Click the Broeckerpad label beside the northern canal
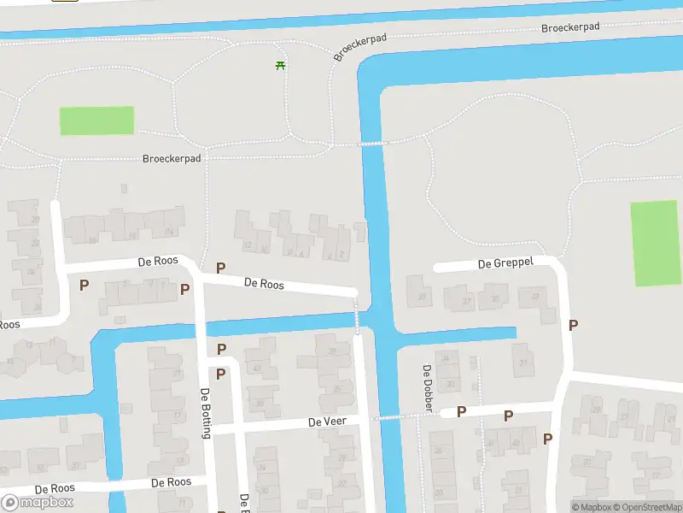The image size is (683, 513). [x=570, y=27]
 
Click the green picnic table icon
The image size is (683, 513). [x=280, y=65]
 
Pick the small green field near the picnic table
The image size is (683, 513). [x=96, y=121]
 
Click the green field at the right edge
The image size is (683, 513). [x=656, y=244]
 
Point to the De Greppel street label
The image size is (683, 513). [x=505, y=262]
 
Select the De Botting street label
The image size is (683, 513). [x=205, y=413]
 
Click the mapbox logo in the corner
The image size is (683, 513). [x=38, y=503]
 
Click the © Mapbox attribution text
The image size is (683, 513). [x=593, y=507]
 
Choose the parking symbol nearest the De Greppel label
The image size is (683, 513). [x=574, y=325]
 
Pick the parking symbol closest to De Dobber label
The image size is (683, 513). [x=461, y=412]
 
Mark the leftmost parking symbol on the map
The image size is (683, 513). [x=84, y=285]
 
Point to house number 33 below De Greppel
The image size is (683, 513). [x=535, y=297]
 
